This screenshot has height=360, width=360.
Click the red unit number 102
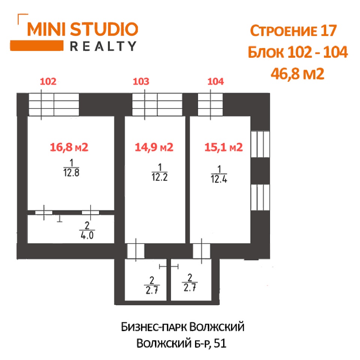pyautogui.click(x=48, y=81)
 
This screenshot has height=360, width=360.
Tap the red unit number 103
pyautogui.click(x=141, y=81)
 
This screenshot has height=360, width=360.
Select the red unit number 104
pyautogui.click(x=216, y=81)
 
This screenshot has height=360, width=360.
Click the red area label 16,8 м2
pyautogui.click(x=69, y=147)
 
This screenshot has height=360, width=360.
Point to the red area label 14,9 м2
pyautogui.click(x=154, y=147)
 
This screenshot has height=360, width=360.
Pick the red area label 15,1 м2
pyautogui.click(x=223, y=147)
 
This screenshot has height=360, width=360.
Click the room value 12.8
pyautogui.click(x=71, y=172)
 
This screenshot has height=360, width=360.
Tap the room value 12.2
pyautogui.click(x=160, y=177)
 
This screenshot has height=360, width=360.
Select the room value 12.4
pyautogui.click(x=219, y=179)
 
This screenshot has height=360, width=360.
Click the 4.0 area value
pyautogui.click(x=87, y=235)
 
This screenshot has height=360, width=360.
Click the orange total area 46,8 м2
pyautogui.click(x=297, y=74)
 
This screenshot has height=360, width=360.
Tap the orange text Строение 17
pyautogui.click(x=293, y=30)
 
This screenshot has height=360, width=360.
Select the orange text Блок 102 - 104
pyautogui.click(x=298, y=52)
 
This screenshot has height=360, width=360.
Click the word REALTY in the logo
pyautogui.click(x=103, y=46)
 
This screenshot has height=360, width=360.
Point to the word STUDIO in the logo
pyautogui.click(x=104, y=29)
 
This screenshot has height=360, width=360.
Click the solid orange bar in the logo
pyautogui.click(x=37, y=45)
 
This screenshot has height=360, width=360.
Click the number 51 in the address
pyautogui.click(x=220, y=343)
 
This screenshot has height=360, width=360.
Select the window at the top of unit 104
pyautogui.click(x=210, y=105)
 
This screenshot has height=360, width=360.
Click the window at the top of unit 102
pyautogui.click(x=54, y=105)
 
